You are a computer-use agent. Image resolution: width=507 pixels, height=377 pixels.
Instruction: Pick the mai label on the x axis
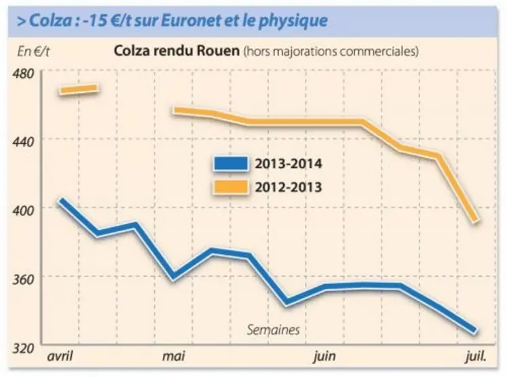point(174,356)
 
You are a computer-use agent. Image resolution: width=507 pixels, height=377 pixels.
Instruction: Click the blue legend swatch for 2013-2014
point(231,164)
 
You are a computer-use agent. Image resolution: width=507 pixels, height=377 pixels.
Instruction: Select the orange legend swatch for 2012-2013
point(231,186)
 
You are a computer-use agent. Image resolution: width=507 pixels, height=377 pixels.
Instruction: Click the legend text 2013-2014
point(288,164)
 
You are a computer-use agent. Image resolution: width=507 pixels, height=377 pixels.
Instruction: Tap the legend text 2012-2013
point(288,186)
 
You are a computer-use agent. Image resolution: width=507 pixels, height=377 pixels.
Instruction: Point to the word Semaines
point(273,330)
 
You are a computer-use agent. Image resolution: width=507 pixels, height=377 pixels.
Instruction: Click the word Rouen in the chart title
point(221,51)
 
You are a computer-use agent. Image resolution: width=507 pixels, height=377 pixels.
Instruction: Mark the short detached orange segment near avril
point(79,89)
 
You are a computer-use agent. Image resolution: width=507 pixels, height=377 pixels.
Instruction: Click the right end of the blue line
point(475,331)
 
